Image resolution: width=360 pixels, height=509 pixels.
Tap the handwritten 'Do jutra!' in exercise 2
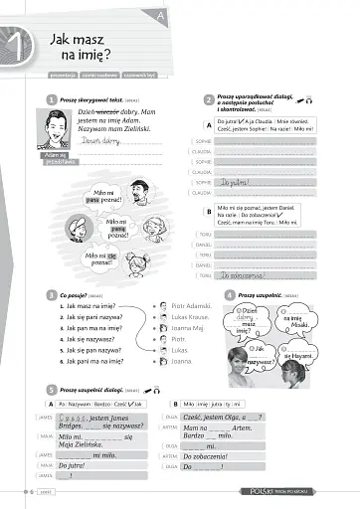pos(235,182)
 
